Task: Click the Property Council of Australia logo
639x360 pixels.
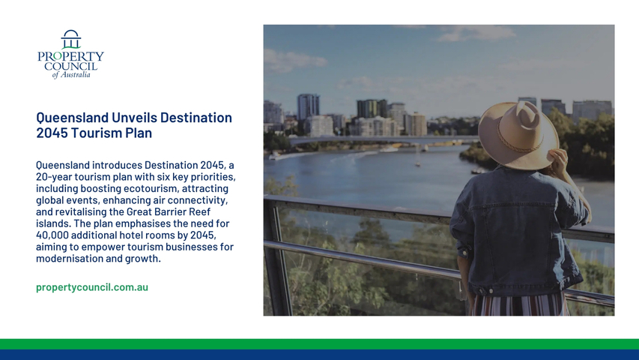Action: pos(70,54)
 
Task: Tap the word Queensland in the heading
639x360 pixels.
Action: pos(73,118)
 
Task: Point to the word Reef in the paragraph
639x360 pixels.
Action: pos(200,211)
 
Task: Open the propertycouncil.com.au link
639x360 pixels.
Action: pos(92,287)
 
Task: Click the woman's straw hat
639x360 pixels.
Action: pos(518,136)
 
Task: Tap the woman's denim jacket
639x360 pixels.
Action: pos(519,230)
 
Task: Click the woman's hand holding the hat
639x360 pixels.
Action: pos(558,161)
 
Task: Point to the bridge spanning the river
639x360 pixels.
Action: pos(383,139)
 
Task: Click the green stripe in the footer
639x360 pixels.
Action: pos(319,344)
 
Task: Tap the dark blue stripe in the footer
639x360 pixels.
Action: pos(319,355)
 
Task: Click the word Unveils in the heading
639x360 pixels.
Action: pos(135,118)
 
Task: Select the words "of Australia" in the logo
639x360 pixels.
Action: pos(71,75)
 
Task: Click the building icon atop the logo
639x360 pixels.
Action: pos(71,39)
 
